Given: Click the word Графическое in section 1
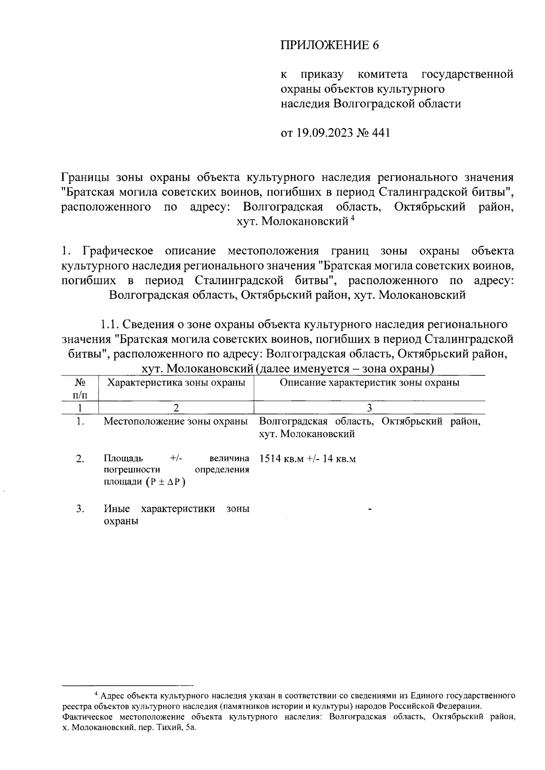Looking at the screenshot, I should click(x=118, y=251).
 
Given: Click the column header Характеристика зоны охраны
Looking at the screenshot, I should click(x=176, y=383).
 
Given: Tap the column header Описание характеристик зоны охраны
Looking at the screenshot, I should click(x=369, y=383).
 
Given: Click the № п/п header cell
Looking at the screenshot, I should click(x=80, y=389).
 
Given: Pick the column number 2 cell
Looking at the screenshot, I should click(x=176, y=408).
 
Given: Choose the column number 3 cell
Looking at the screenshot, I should click(x=369, y=408).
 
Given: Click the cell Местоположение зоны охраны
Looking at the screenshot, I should click(x=176, y=421).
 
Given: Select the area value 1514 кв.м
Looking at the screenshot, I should click(x=281, y=459).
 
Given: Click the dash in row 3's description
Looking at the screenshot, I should click(x=370, y=511).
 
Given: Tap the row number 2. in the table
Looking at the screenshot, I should click(x=80, y=459).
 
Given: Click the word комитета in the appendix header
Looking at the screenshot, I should click(x=382, y=74).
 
